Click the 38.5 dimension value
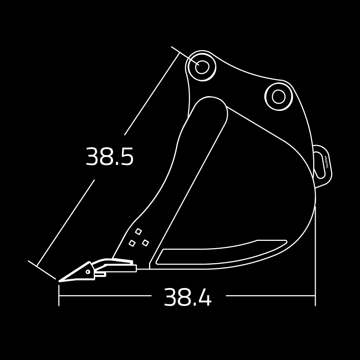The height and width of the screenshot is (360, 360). (x=109, y=157)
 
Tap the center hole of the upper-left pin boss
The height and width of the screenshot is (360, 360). (x=202, y=67)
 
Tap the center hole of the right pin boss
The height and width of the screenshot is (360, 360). (x=278, y=96)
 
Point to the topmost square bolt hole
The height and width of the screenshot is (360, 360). (x=138, y=231)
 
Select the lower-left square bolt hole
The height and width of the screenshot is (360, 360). (x=132, y=243)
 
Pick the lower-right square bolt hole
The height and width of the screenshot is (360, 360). (x=145, y=243)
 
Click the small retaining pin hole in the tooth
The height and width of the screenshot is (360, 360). (x=88, y=272)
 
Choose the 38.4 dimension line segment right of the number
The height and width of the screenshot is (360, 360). (x=270, y=296)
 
